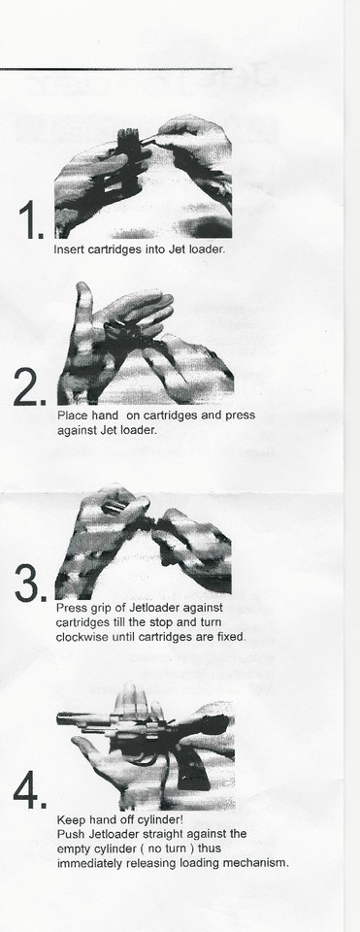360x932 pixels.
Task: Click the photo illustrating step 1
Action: pyautogui.click(x=143, y=178)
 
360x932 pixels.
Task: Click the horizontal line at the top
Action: pyautogui.click(x=116, y=69)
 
